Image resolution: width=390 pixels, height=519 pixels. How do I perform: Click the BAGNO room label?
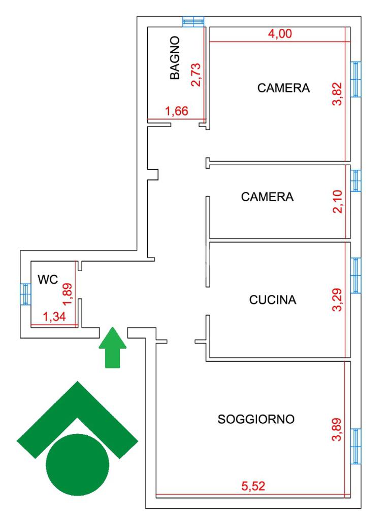pos(175,57)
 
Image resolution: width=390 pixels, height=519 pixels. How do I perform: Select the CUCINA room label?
pos(273,300)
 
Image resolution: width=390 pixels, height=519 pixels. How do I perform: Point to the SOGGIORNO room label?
pos(256,419)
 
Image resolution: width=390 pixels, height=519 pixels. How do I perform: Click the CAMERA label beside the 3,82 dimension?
pos(283,88)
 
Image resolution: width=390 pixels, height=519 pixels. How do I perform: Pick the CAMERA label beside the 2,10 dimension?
pos(267,197)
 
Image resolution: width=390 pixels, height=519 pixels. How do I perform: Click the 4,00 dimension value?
pos(280,34)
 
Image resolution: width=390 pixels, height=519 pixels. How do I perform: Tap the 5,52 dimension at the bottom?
pos(253,487)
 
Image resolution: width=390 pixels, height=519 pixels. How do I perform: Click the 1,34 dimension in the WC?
pos(54,318)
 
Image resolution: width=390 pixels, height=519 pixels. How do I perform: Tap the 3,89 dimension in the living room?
pos(338,429)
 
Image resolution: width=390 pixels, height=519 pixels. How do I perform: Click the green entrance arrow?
pos(112,347)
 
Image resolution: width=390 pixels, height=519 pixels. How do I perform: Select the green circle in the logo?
pos(78,465)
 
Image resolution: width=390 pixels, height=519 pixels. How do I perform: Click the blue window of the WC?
pos(25,293)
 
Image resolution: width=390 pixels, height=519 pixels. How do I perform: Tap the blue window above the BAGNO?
pos(193,22)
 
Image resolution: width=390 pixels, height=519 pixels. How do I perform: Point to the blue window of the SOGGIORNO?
pos(356,446)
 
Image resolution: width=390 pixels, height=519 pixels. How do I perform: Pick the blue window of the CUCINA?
pos(356,275)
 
